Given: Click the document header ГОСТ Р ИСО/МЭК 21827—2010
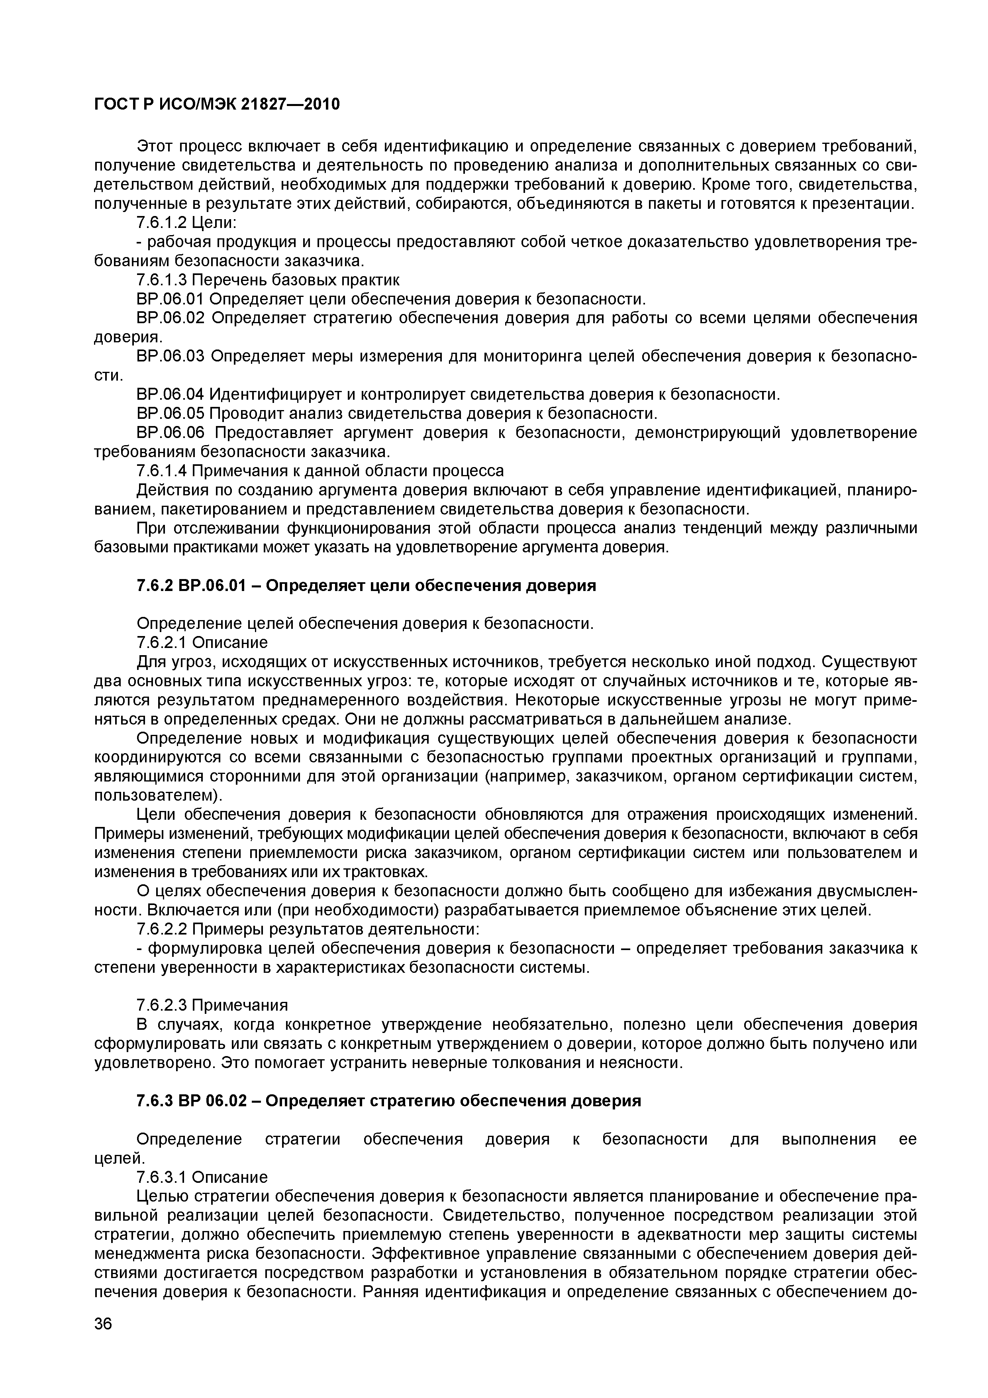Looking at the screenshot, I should (x=217, y=105).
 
